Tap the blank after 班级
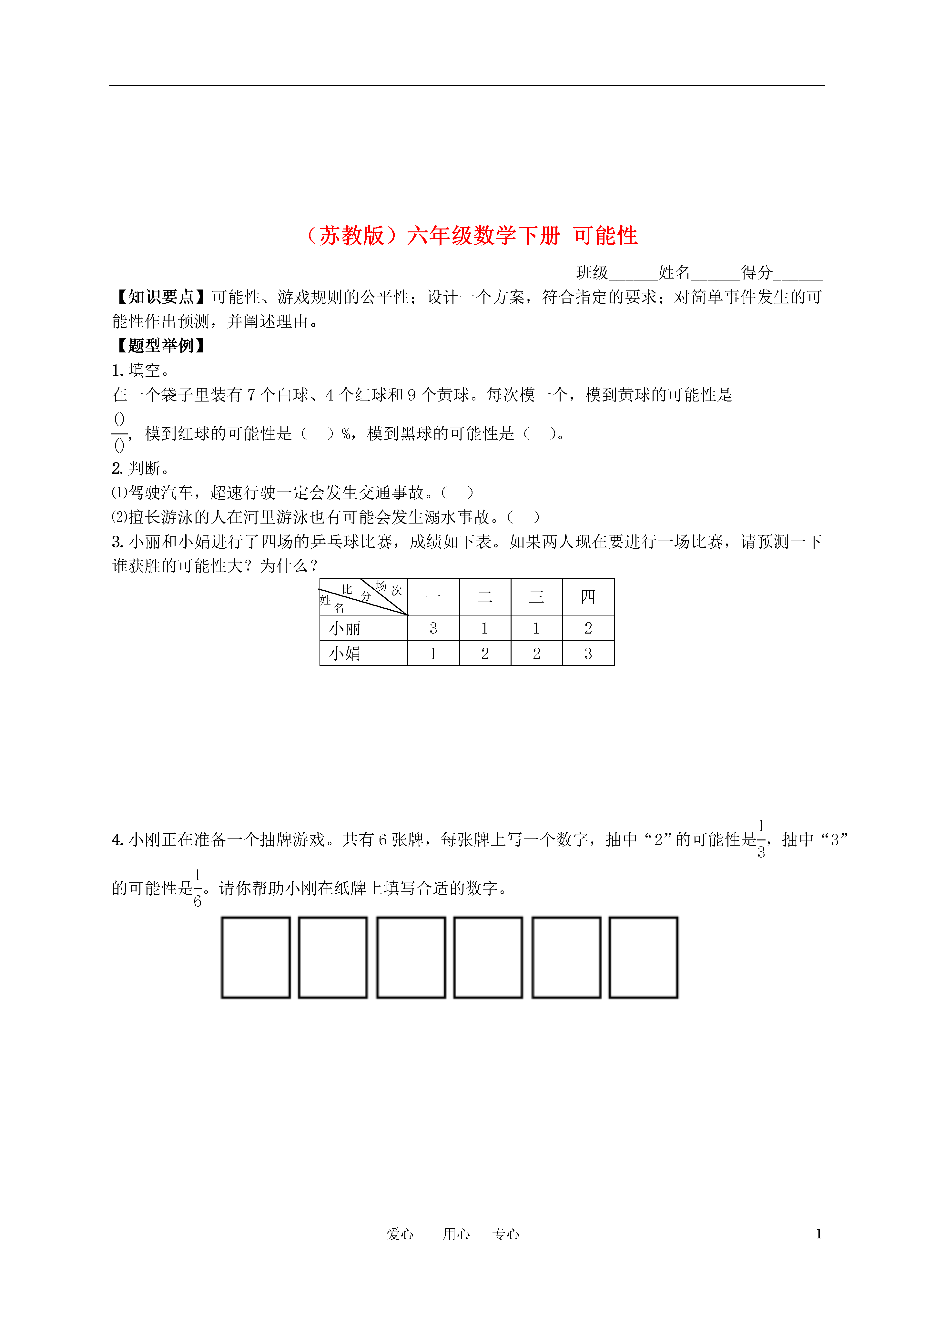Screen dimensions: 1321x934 (x=633, y=274)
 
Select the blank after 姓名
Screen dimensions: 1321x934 (x=715, y=274)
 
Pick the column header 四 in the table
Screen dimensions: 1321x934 (x=588, y=597)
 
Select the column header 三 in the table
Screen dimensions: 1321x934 (x=536, y=597)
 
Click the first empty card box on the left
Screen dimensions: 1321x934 (x=256, y=957)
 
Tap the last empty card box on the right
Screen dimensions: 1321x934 (x=644, y=957)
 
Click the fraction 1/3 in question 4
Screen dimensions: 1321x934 (x=761, y=839)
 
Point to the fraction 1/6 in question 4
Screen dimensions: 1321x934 (x=198, y=888)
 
